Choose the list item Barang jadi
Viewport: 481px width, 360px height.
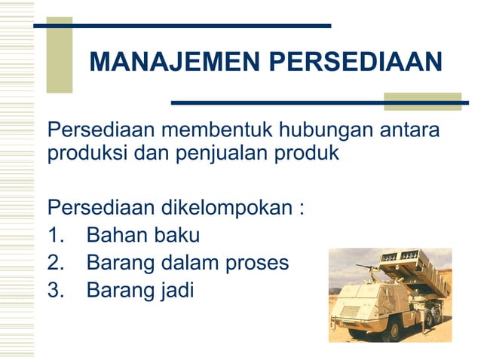(x=139, y=289)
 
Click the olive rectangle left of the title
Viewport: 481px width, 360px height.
(x=60, y=55)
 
